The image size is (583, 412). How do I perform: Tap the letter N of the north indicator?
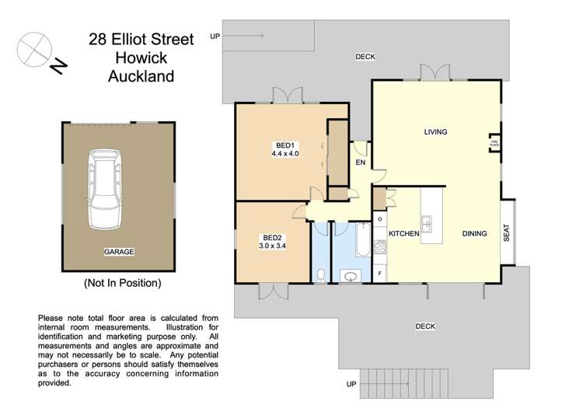(57, 68)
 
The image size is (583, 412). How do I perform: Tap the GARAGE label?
(119, 252)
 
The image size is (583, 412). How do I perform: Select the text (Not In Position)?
(122, 283)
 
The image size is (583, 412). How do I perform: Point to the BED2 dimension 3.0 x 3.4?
(272, 246)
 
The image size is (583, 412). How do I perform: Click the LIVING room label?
(435, 132)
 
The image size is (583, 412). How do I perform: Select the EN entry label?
(360, 163)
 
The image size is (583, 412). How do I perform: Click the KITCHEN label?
(404, 233)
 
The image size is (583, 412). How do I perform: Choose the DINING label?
(474, 233)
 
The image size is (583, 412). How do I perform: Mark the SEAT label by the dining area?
(507, 233)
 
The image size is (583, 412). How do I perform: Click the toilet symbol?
(321, 273)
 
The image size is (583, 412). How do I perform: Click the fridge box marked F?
(379, 274)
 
